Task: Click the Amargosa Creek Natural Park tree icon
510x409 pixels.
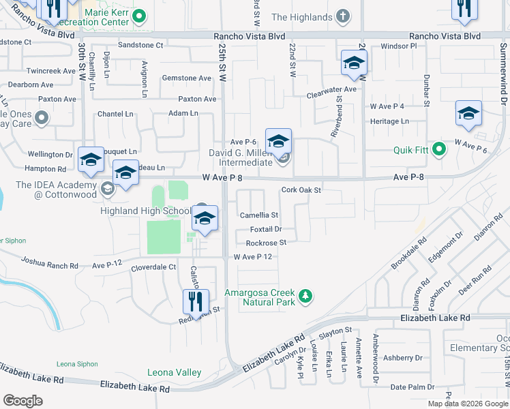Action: (307, 296)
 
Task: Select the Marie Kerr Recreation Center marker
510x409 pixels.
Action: (139, 15)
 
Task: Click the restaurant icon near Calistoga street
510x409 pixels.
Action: (196, 301)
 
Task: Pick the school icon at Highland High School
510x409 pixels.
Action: (205, 219)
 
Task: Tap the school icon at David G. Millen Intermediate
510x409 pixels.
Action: (278, 142)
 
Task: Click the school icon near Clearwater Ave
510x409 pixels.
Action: (354, 63)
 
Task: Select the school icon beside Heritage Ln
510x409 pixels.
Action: (468, 114)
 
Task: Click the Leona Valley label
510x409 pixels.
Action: (175, 372)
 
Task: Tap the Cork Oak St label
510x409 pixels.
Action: (301, 190)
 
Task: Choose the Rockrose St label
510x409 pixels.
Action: (266, 243)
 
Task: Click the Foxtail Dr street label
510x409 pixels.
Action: (266, 229)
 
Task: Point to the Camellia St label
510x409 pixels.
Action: (258, 215)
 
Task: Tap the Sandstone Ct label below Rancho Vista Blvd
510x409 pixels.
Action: (141, 46)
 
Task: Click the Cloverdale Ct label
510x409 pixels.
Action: (153, 267)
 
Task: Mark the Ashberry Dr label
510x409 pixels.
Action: (403, 357)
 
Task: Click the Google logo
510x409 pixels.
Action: (23, 401)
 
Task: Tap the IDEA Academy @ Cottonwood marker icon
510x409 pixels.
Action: (107, 188)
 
